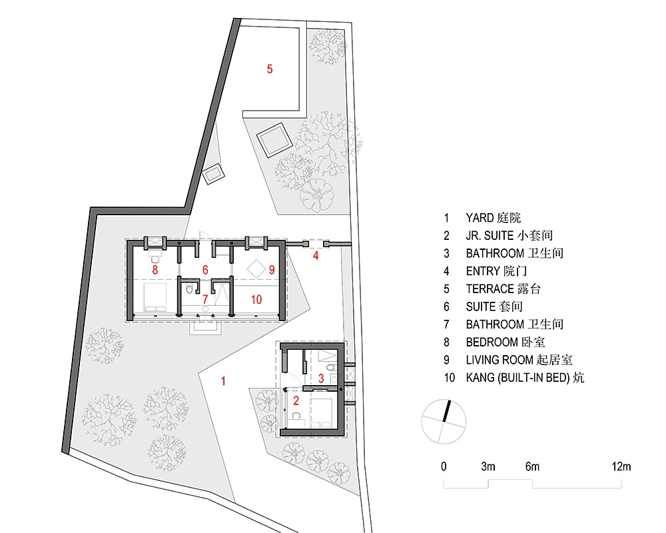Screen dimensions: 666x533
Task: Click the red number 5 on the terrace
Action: [270, 69]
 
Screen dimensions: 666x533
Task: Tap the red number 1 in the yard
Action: [223, 381]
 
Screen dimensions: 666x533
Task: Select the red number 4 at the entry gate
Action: [316, 255]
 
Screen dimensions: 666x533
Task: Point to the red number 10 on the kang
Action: [256, 300]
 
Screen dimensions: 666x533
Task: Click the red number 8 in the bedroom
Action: [155, 269]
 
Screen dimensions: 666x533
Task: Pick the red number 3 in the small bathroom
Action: [321, 378]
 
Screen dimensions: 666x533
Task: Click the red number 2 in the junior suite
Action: [296, 400]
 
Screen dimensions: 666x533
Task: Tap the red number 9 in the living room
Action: [272, 269]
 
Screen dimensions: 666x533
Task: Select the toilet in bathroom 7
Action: [190, 289]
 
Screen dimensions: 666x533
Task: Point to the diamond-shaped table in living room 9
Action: [256, 268]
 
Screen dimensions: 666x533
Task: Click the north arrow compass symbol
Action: [444, 422]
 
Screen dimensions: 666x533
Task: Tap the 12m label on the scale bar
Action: [621, 466]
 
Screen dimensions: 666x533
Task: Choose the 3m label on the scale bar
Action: [488, 466]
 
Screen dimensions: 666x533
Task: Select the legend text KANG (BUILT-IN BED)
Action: [517, 378]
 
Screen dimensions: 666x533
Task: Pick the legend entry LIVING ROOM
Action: [499, 360]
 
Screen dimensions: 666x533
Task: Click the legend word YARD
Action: [480, 218]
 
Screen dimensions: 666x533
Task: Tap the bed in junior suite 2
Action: [322, 412]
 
